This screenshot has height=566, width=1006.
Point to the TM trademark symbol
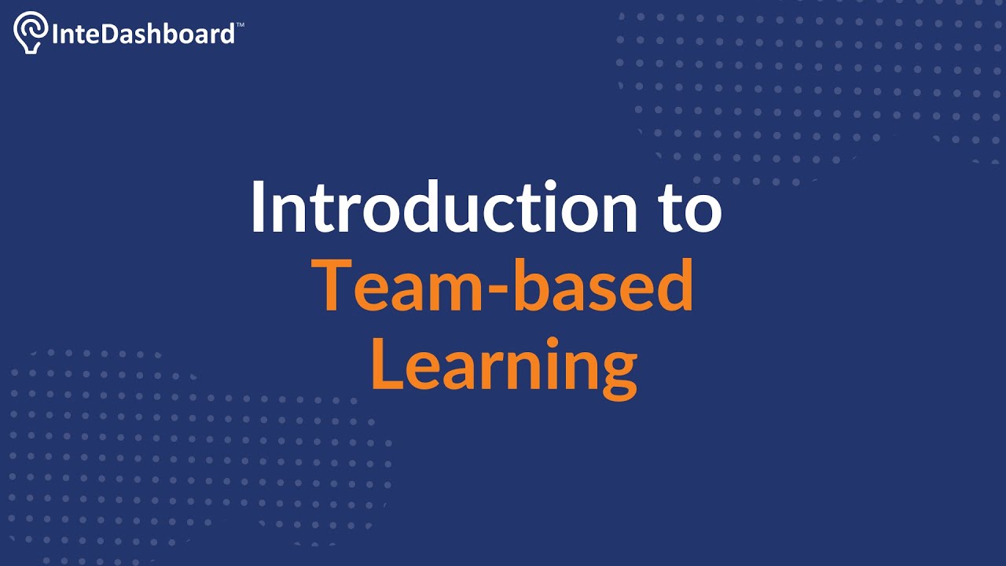coord(240,25)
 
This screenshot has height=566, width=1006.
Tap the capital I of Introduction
coord(260,208)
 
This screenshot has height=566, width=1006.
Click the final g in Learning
coord(618,373)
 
